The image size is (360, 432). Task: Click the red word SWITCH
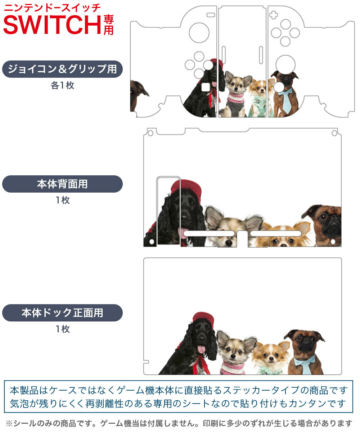coord(52,24)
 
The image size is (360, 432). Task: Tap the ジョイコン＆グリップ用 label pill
coord(62,69)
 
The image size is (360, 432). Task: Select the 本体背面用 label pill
coord(62,184)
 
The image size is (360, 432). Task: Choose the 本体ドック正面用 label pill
coord(62,312)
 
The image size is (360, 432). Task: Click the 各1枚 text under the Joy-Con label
coord(63,85)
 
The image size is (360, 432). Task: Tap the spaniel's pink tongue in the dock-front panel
coord(201,349)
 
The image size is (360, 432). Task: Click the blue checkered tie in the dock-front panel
coord(306,365)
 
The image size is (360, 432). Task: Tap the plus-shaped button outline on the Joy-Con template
coord(273,15)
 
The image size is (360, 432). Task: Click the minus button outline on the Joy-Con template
coord(211,15)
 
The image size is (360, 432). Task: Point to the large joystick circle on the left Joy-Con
coord(199,33)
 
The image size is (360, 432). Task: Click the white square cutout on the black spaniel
coord(205,87)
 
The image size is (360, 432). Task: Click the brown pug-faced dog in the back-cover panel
coord(324,225)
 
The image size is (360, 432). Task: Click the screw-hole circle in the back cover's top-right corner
coord(334,133)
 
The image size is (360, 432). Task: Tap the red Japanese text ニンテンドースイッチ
coord(52,8)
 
